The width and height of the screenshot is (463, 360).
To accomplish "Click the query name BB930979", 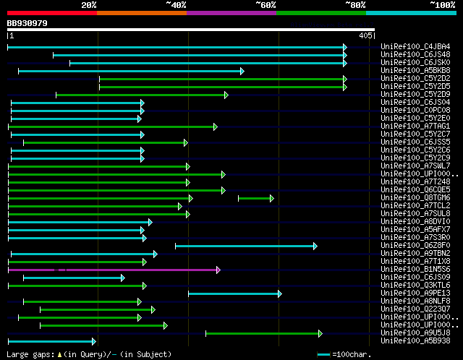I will (27, 23).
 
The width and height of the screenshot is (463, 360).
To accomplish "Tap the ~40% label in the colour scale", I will (176, 5).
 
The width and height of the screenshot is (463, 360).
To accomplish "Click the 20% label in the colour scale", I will (89, 5).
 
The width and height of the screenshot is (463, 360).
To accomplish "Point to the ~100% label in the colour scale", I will (442, 5).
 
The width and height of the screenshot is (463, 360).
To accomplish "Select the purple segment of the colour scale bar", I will (231, 13).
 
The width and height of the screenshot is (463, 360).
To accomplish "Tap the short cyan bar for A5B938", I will (51, 340).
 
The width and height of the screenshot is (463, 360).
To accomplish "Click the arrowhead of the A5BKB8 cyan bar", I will (242, 71).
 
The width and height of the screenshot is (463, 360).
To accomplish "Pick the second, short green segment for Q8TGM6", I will (255, 197).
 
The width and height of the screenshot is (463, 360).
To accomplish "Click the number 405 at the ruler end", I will (365, 35).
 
